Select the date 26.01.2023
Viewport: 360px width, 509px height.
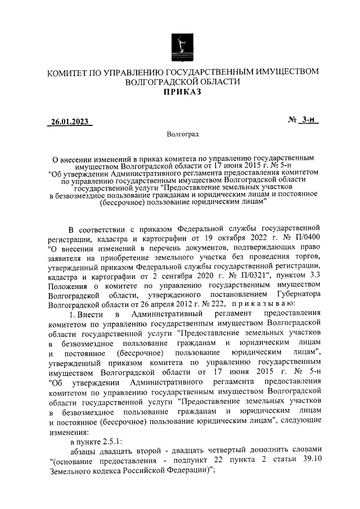click(x=70, y=121)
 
